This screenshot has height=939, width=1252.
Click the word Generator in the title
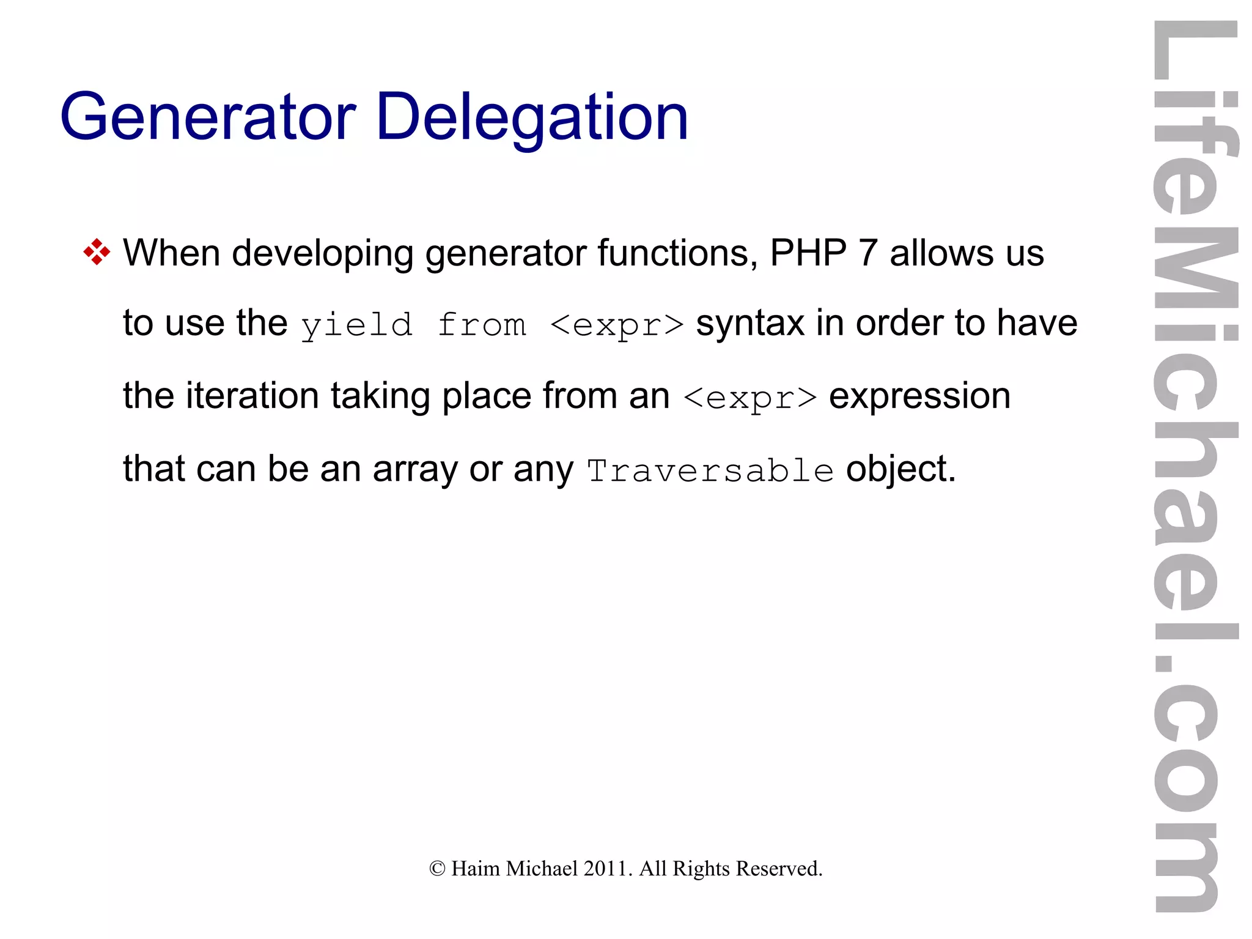pos(208,117)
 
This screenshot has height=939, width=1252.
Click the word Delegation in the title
pos(532,117)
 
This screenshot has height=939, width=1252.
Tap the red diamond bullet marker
pos(97,253)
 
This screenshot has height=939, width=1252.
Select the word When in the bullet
pos(171,253)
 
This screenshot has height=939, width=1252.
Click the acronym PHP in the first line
pos(808,253)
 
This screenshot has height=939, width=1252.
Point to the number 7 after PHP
pos(868,253)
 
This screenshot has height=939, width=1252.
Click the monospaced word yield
pos(357,325)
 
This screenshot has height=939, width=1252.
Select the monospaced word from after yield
pos(482,325)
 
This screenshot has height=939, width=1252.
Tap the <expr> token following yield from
pos(617,325)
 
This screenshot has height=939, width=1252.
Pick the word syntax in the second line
pos(750,324)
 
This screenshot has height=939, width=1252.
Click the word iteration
pos(252,396)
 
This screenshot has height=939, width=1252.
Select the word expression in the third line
pos(919,396)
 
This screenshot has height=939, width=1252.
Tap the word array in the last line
pos(414,470)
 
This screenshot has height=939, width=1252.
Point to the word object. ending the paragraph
pos(900,470)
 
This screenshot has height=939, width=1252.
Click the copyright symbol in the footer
pos(437,869)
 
